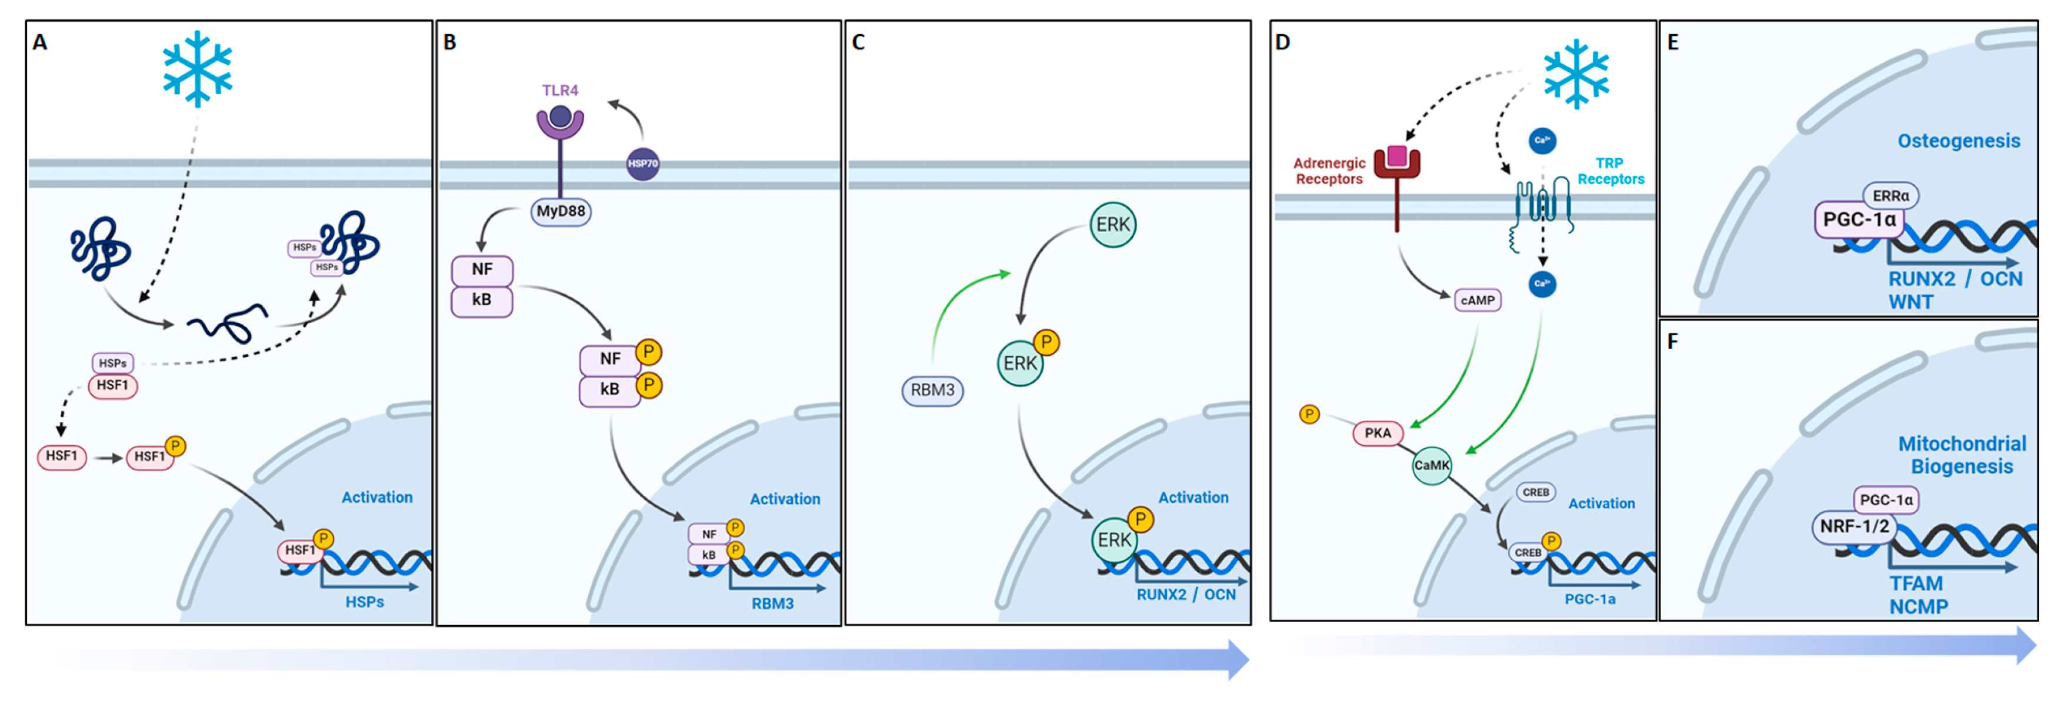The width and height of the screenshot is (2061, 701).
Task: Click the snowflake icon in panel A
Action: click(197, 69)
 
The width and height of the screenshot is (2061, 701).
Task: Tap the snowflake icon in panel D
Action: click(1575, 74)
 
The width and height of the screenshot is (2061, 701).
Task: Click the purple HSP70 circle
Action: click(642, 163)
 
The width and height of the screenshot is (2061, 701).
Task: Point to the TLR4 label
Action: click(559, 91)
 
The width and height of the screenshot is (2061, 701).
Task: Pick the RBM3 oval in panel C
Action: click(932, 390)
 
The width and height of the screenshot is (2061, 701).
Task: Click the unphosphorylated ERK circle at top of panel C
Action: click(1112, 225)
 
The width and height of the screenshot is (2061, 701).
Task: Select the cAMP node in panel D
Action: click(1477, 300)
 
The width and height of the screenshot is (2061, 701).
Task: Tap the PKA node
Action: click(1377, 433)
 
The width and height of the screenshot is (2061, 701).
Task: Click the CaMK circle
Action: click(1430, 465)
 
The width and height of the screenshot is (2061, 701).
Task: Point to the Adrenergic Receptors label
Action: click(1329, 171)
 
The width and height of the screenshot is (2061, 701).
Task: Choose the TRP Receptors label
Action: click(1610, 171)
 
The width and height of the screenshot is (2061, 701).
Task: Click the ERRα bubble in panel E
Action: click(1890, 196)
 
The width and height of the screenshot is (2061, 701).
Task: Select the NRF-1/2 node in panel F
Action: click(1854, 526)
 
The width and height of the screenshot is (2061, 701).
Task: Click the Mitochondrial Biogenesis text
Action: click(1961, 455)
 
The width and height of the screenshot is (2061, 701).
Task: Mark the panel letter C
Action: click(859, 42)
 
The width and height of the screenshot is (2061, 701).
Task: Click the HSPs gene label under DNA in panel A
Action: click(364, 602)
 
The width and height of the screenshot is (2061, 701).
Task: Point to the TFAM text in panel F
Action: click(1915, 583)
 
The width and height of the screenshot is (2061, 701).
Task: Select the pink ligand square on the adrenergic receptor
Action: click(1397, 155)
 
